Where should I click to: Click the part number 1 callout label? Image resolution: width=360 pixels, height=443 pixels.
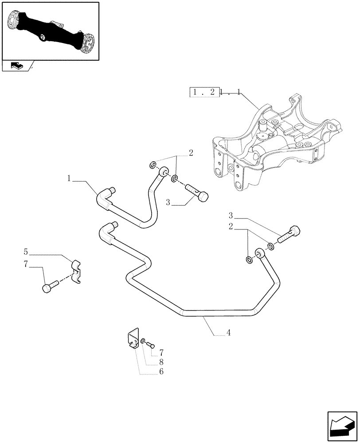click(x=69, y=179)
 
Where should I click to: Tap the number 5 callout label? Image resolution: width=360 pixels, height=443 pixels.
click(x=26, y=253)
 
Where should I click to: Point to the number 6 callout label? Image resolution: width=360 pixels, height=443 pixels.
click(x=161, y=371)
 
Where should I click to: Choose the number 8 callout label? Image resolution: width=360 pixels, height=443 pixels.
click(x=161, y=362)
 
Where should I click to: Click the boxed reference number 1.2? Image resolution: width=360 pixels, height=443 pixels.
click(x=204, y=93)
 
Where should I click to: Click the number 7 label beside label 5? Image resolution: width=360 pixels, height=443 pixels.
click(x=26, y=264)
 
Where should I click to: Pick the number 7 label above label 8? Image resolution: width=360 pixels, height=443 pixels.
click(x=161, y=353)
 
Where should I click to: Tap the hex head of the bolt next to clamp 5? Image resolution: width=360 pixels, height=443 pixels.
click(x=47, y=288)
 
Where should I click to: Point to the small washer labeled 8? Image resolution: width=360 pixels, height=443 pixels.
click(x=143, y=341)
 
